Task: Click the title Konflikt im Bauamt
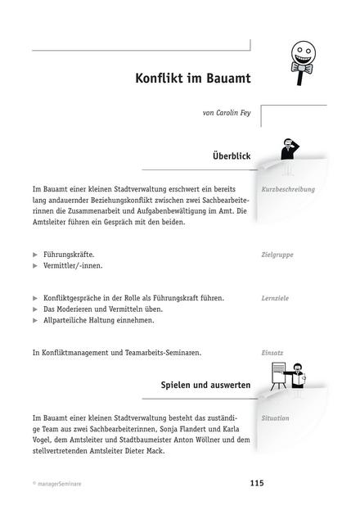click(x=192, y=79)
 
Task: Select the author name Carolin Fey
click(x=232, y=112)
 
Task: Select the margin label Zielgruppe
click(x=277, y=255)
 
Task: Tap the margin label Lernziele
click(x=276, y=299)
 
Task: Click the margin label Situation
click(x=275, y=418)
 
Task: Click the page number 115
click(x=257, y=484)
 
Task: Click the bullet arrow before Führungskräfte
click(x=35, y=255)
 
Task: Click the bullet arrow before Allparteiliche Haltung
click(x=35, y=321)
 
